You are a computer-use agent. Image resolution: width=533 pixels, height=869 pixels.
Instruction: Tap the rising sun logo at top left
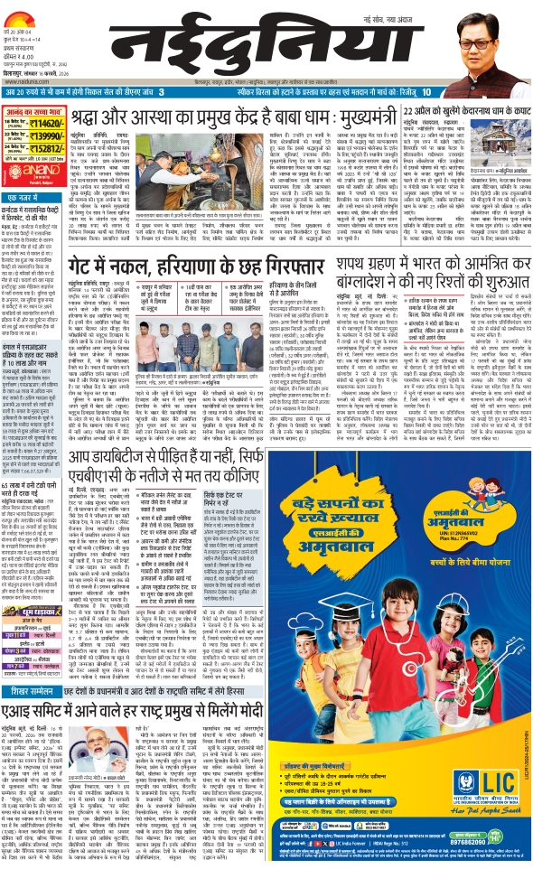[x=26, y=14]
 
